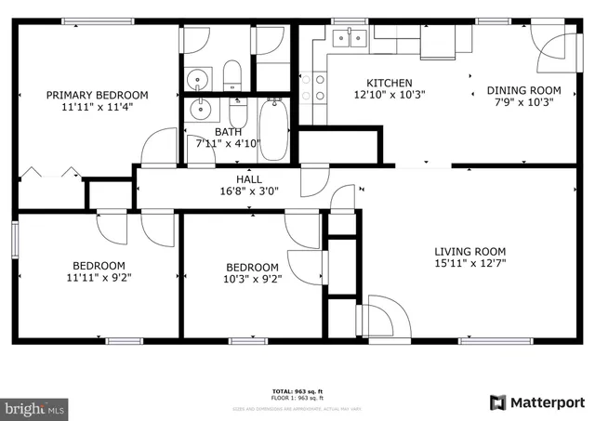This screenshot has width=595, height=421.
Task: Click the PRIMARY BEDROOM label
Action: [x=98, y=95]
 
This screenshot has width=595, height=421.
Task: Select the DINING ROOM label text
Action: [x=524, y=90]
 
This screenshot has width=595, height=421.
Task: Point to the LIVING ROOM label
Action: [x=470, y=251]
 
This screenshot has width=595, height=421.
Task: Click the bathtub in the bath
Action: [x=273, y=130]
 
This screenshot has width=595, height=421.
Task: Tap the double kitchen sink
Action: [x=351, y=36]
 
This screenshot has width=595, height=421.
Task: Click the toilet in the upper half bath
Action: [x=232, y=74]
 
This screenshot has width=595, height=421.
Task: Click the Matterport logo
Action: [x=537, y=402]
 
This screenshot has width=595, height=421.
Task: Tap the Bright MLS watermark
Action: [x=35, y=407]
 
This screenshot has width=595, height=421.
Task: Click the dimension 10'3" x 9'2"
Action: [x=252, y=278]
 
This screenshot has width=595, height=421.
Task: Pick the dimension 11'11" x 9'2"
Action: [x=98, y=277]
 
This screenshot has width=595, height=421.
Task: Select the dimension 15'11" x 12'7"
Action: [x=470, y=264]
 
